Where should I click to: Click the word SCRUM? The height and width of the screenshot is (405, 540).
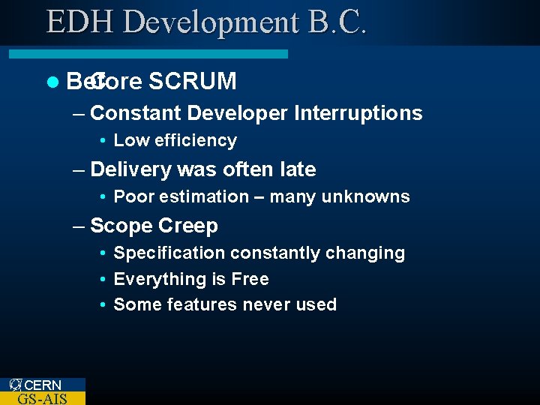pyautogui.click(x=193, y=81)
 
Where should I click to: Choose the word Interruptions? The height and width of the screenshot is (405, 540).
pyautogui.click(x=358, y=113)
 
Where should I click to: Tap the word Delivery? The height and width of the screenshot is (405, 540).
pyautogui.click(x=130, y=169)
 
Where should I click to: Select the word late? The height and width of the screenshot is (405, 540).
pyautogui.click(x=298, y=169)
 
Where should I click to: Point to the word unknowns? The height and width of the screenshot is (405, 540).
pyautogui.click(x=366, y=197)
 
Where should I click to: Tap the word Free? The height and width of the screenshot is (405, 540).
pyautogui.click(x=250, y=279)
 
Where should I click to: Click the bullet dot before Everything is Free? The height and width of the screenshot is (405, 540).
pyautogui.click(x=101, y=280)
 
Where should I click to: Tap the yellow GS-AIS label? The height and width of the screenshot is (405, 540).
pyautogui.click(x=42, y=398)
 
